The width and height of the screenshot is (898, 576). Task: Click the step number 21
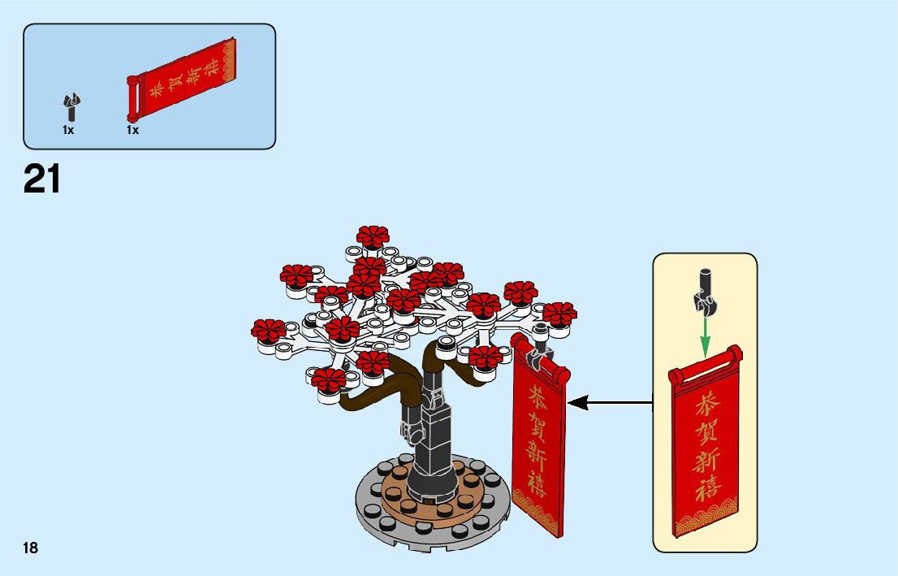point(42,180)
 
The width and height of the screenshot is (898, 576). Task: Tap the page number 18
point(31,548)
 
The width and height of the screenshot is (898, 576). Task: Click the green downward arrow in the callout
point(705,334)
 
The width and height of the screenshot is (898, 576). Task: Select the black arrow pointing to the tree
point(610,401)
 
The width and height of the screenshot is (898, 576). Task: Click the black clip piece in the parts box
point(71,106)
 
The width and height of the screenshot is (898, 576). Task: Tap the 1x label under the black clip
point(68,130)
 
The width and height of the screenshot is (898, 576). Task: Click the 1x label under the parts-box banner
point(132,130)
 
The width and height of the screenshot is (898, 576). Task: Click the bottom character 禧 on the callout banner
point(706,490)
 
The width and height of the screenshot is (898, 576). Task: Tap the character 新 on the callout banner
point(706,461)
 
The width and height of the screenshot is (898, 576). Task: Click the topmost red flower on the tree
point(373,237)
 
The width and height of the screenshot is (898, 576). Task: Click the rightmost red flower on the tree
point(559,314)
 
